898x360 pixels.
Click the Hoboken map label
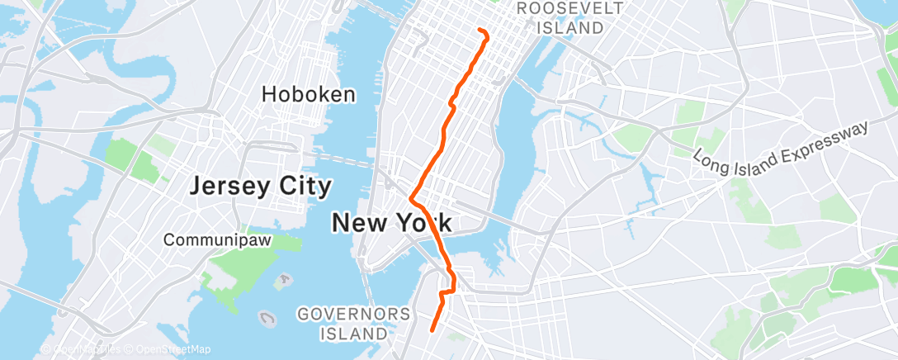pyautogui.click(x=309, y=94)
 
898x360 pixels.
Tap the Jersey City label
pyautogui.click(x=260, y=186)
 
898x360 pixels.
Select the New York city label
pyautogui.click(x=391, y=222)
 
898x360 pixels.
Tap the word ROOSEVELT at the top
pyautogui.click(x=570, y=8)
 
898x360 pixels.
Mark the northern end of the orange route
pyautogui.click(x=480, y=31)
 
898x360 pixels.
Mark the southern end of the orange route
pyautogui.click(x=432, y=330)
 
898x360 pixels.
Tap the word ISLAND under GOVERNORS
pyautogui.click(x=354, y=334)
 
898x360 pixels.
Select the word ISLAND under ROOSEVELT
pyautogui.click(x=570, y=27)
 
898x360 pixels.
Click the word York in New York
pyautogui.click(x=422, y=222)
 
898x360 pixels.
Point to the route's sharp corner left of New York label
pyautogui.click(x=410, y=198)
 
